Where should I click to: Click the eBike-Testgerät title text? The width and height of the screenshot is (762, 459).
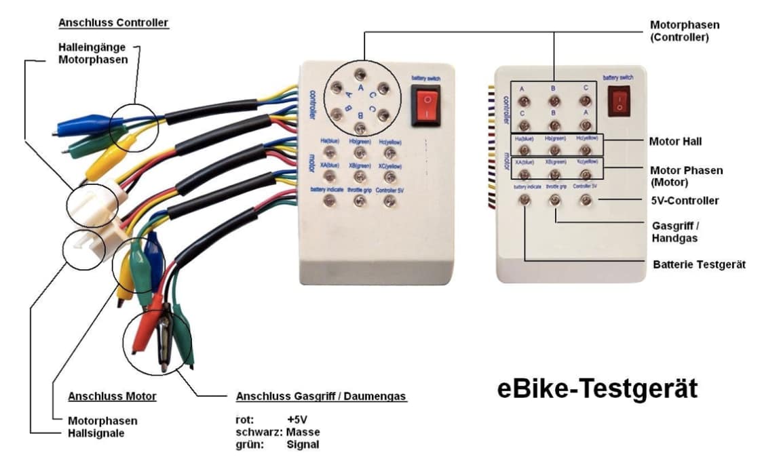pyautogui.click(x=597, y=388)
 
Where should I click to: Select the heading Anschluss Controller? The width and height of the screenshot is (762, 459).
pyautogui.click(x=113, y=22)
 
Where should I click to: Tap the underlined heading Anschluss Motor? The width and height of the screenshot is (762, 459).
pyautogui.click(x=112, y=396)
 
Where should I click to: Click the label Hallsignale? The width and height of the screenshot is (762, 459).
pyautogui.click(x=96, y=433)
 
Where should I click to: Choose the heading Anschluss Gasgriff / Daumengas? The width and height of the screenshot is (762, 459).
pyautogui.click(x=321, y=396)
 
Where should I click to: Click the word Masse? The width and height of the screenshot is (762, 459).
pyautogui.click(x=303, y=432)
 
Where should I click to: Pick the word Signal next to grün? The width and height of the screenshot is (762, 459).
pyautogui.click(x=303, y=445)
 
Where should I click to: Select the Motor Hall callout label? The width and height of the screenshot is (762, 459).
pyautogui.click(x=675, y=142)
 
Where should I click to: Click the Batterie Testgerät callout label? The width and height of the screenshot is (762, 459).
pyautogui.click(x=699, y=264)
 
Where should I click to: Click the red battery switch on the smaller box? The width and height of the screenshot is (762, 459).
pyautogui.click(x=619, y=101)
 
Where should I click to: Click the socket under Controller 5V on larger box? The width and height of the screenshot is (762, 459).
pyautogui.click(x=389, y=201)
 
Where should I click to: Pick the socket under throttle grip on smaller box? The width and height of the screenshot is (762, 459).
pyautogui.click(x=555, y=200)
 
